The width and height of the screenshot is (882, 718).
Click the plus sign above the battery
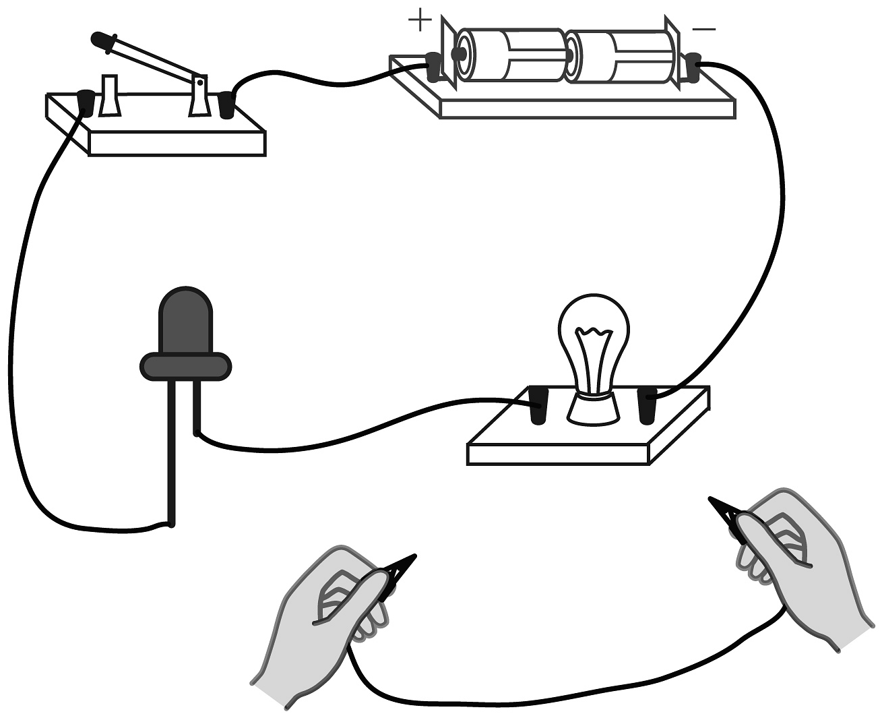420,20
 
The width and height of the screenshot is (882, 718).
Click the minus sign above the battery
703,29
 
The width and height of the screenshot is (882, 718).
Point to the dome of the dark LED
185,320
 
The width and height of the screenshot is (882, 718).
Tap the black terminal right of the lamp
647,406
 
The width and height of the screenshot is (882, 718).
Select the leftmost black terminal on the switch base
86,102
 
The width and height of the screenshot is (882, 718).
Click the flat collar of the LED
185,366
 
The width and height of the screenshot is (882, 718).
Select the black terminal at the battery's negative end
690,67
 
